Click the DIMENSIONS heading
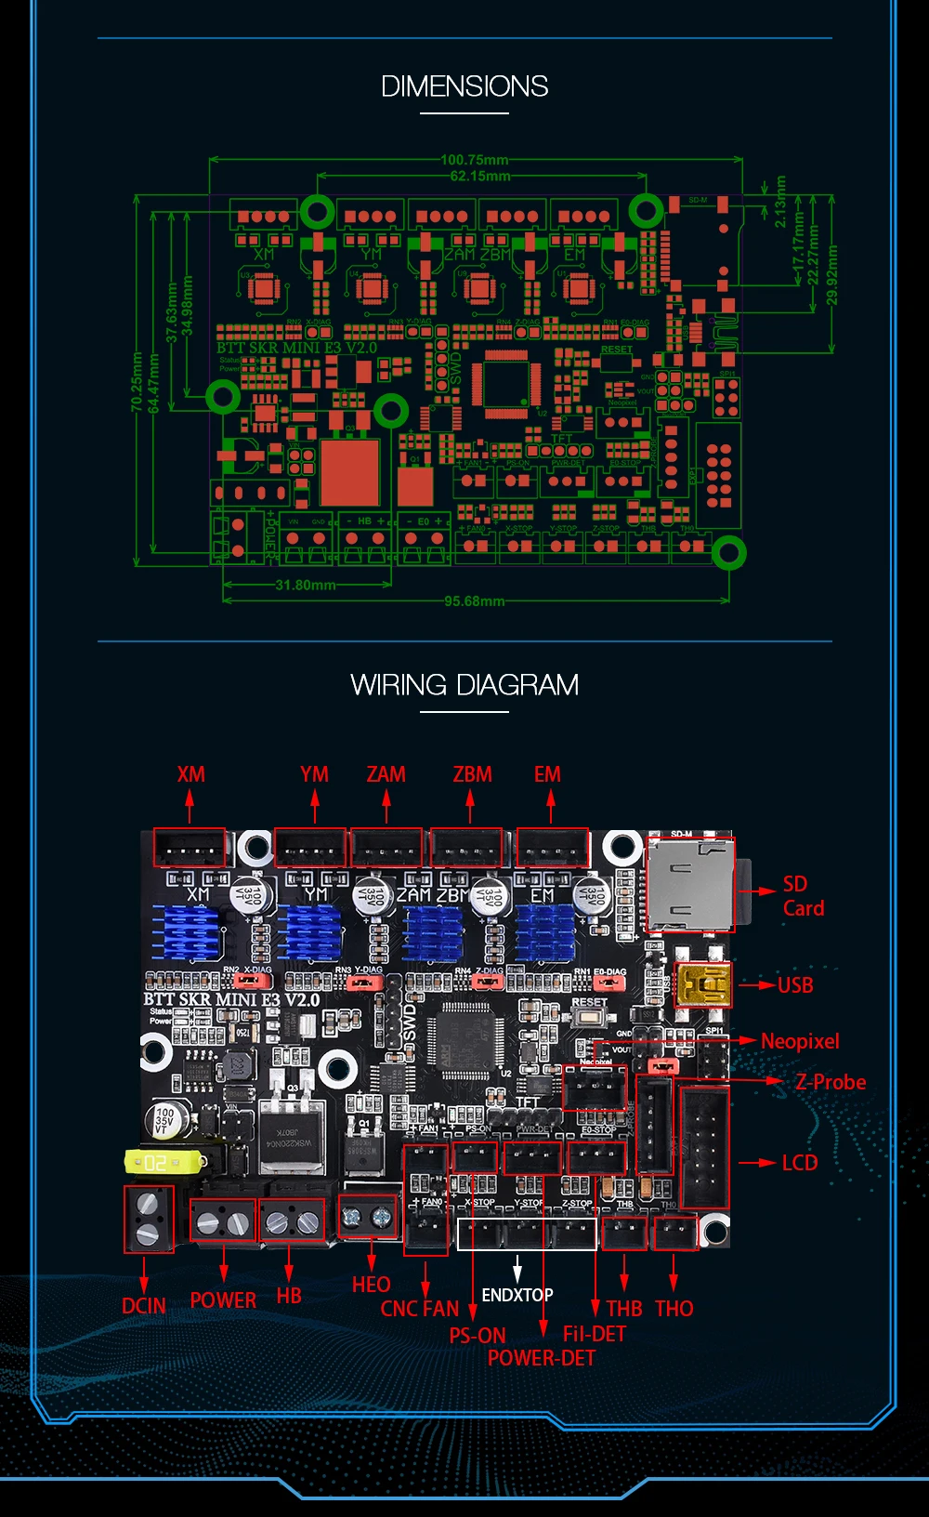tap(464, 86)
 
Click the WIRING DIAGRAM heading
tap(464, 685)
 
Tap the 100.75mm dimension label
tap(474, 160)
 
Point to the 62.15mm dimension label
tap(479, 176)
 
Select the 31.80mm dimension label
tap(306, 585)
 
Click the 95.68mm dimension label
tap(474, 600)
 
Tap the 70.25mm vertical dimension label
tap(137, 381)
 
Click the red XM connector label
tap(190, 774)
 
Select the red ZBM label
tap(472, 774)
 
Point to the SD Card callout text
tap(803, 896)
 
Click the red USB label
tap(795, 985)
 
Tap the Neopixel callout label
tap(800, 1041)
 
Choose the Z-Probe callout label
tap(830, 1082)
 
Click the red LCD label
tap(799, 1163)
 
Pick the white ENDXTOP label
tap(517, 1295)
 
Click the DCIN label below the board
tap(144, 1306)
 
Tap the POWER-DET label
tap(541, 1358)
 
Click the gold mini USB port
tap(703, 985)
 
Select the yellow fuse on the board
tap(164, 1162)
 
